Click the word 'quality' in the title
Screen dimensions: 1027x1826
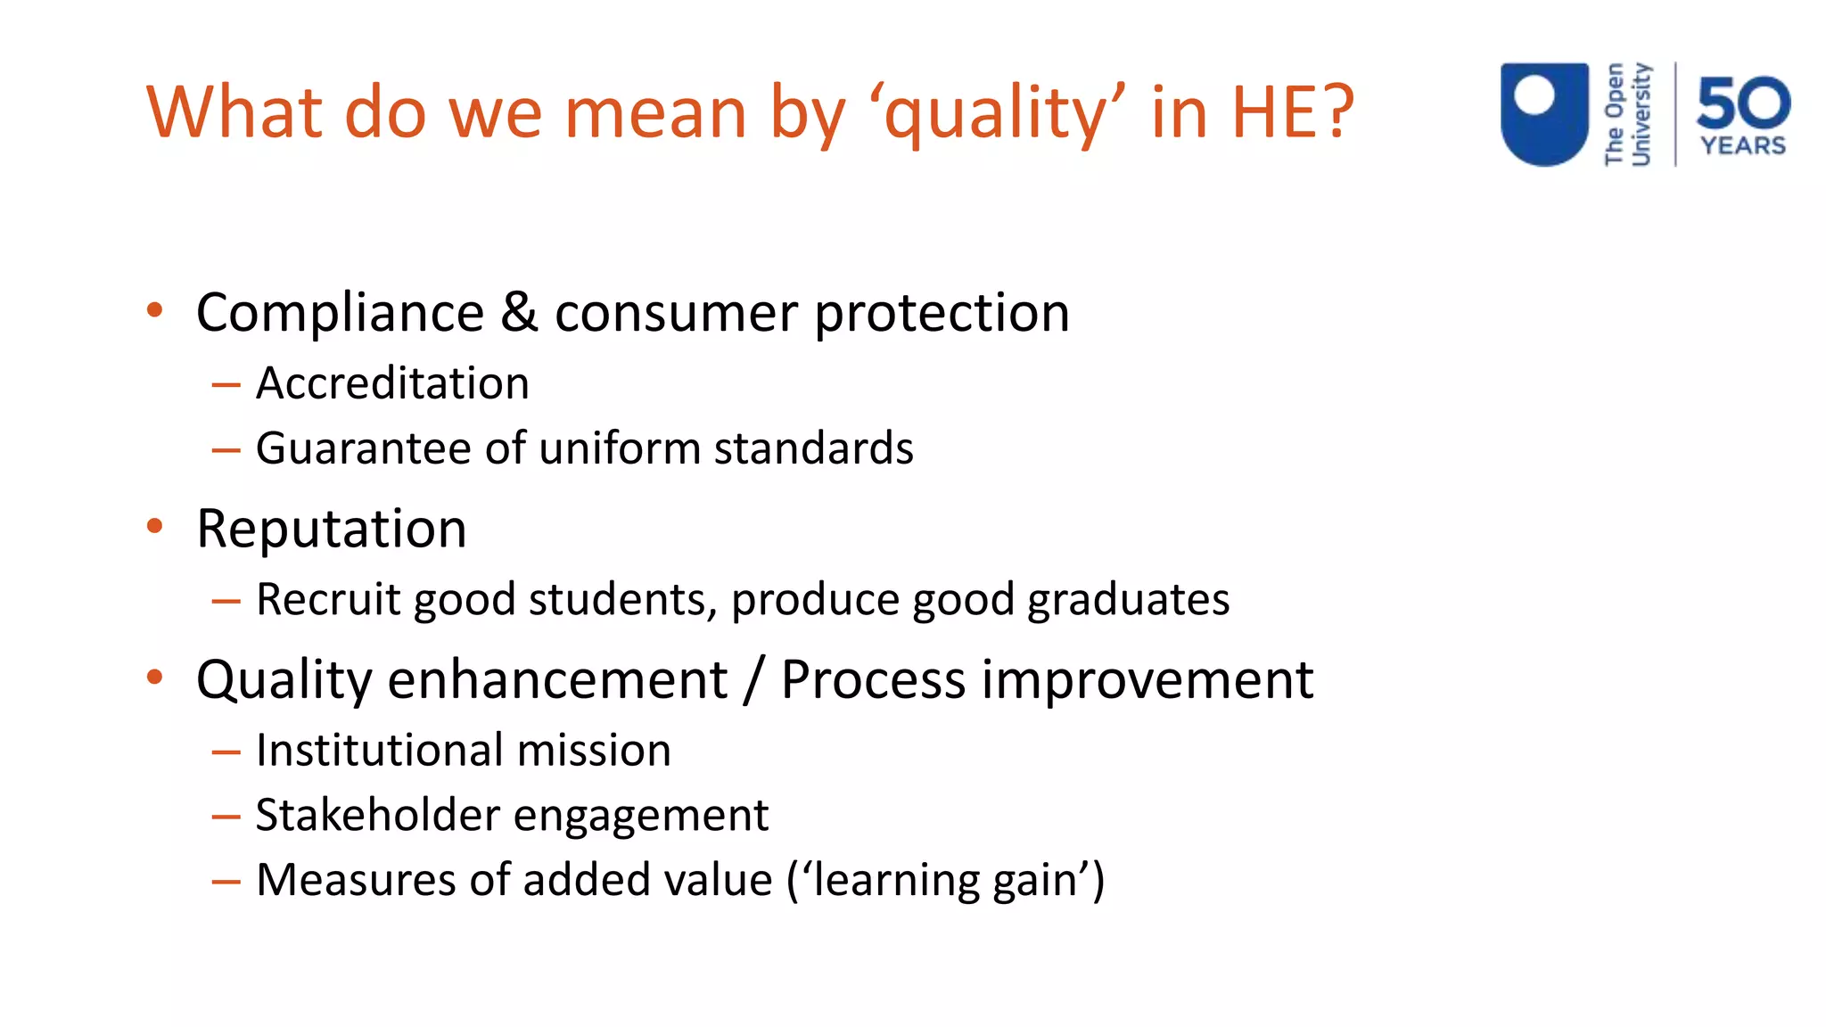(x=1004, y=113)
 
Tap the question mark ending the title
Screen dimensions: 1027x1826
(x=1336, y=111)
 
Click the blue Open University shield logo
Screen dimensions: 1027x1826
(x=1544, y=113)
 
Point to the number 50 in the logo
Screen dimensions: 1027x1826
(x=1743, y=103)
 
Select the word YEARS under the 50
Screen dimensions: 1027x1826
(x=1743, y=145)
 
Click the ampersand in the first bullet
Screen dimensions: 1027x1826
(x=519, y=312)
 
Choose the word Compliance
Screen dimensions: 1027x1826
(x=340, y=314)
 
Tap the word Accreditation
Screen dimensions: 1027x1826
(x=392, y=383)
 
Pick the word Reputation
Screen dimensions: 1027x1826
(x=331, y=529)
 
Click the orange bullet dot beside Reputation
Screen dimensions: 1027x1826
(x=155, y=526)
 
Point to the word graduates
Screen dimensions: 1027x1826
(x=1128, y=599)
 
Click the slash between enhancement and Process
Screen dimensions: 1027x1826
(x=754, y=680)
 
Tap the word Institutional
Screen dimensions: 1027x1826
(x=379, y=750)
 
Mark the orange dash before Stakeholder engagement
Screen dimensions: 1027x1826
(x=226, y=817)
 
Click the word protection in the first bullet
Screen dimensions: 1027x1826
(x=942, y=314)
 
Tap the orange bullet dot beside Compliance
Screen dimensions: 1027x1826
(x=155, y=310)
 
